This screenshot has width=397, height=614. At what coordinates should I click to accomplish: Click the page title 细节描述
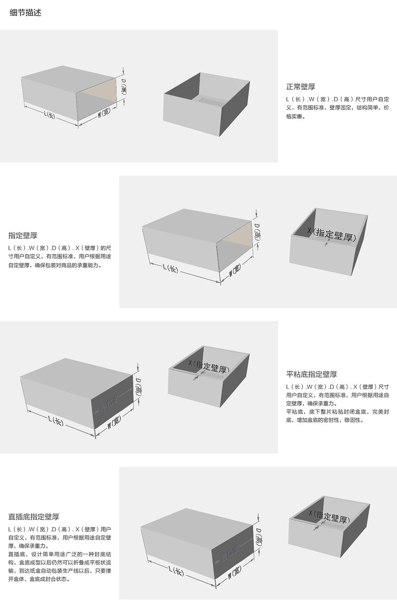pos(25,13)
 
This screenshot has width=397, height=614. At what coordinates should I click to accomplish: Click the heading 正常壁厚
pos(301,87)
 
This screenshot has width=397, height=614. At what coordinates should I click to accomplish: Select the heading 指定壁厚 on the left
pos(23,235)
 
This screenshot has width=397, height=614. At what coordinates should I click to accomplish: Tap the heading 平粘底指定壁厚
pos(312,374)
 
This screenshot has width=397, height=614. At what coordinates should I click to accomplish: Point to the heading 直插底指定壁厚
pos(33,517)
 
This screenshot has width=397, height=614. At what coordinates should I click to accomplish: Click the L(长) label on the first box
pos(50,114)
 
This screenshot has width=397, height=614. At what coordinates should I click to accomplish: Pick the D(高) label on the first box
pos(124,86)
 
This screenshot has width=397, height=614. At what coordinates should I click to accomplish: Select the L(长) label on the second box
pos(170,268)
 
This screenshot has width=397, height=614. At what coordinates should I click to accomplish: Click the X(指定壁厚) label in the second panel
pos(332,235)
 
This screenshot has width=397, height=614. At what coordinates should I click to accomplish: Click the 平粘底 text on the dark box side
pos(109,402)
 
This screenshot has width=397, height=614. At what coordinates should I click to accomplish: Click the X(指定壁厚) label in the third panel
pos(209,366)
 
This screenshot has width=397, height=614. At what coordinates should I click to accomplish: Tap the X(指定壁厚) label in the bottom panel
pos(329,516)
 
